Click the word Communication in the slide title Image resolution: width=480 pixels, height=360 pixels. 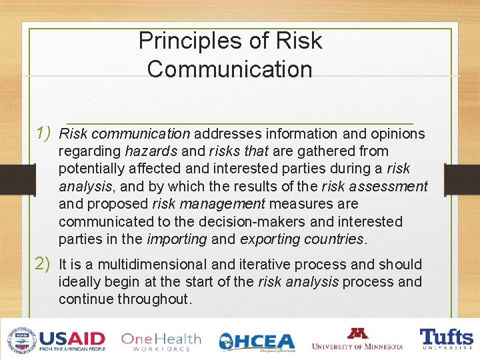pyautogui.click(x=230, y=69)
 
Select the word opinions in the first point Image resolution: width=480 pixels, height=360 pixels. pyautogui.click(x=397, y=134)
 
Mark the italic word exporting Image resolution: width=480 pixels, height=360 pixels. pyautogui.click(x=271, y=239)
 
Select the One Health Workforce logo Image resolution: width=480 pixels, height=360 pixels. pyautogui.click(x=161, y=341)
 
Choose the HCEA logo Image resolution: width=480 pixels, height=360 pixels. pyautogui.click(x=257, y=341)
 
